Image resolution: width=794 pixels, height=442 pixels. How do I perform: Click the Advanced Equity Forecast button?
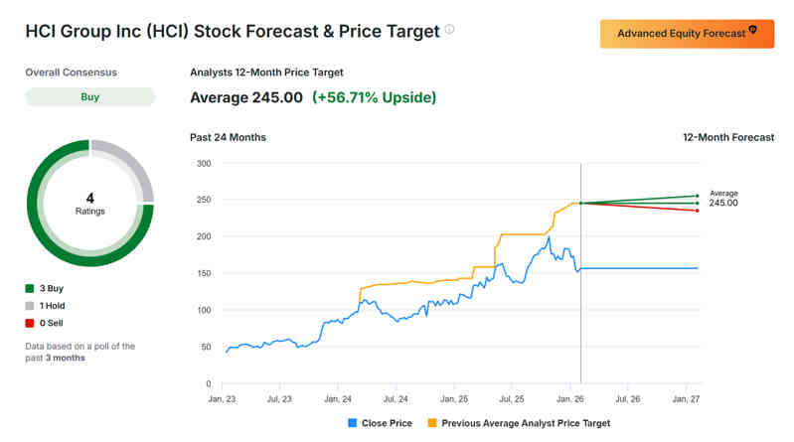click(687, 34)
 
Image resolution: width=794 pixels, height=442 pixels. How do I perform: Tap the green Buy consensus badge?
click(90, 97)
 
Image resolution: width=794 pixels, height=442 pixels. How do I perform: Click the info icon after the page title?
click(449, 30)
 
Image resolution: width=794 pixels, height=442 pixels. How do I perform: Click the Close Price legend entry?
click(381, 423)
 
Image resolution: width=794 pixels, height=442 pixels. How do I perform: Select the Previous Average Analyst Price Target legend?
click(518, 423)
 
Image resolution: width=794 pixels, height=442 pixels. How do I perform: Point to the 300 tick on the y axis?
click(204, 163)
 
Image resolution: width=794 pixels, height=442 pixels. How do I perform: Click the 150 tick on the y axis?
click(204, 273)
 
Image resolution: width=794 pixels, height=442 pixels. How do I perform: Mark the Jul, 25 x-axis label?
click(511, 398)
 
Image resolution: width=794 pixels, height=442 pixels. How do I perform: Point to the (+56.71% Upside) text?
click(374, 97)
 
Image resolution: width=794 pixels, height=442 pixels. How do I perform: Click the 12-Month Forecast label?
click(728, 137)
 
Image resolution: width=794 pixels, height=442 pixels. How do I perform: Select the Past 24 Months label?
click(228, 137)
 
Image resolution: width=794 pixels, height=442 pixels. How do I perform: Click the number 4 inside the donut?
click(90, 198)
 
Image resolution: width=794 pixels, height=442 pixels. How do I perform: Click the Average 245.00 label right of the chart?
click(722, 198)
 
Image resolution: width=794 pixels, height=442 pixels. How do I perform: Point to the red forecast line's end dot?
click(698, 211)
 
